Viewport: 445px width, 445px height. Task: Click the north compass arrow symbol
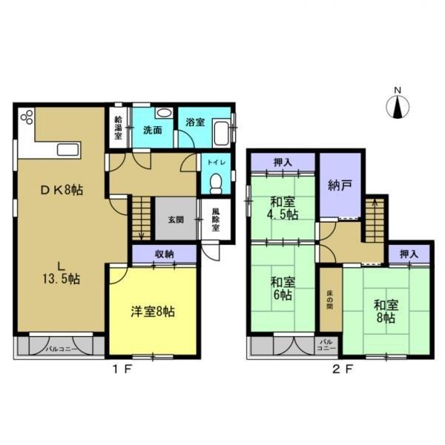click(398, 107)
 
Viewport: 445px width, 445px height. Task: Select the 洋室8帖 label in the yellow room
click(154, 309)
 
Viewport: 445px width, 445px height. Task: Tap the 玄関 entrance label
click(176, 219)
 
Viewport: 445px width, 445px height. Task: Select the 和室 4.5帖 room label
click(283, 206)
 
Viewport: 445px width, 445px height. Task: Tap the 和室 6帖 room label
click(280, 289)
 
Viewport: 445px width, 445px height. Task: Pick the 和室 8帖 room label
click(384, 310)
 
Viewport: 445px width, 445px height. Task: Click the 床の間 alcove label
click(329, 300)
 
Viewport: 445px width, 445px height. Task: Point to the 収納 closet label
click(164, 254)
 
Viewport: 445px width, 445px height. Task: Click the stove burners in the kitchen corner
click(27, 119)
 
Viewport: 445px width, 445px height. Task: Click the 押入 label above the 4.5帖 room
click(283, 161)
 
